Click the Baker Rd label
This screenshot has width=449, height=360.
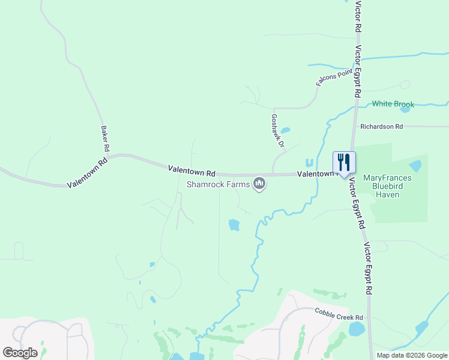pos(105,139)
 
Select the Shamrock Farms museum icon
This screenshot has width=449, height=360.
pos(259,184)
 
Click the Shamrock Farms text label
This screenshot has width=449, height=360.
pos(217,184)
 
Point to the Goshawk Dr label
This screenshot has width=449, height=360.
pos(276,131)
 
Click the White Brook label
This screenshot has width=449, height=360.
pos(393,104)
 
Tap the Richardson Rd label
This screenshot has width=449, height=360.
pos(381,127)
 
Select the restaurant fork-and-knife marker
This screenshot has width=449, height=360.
pos(344,162)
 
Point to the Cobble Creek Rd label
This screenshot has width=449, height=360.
pos(339,314)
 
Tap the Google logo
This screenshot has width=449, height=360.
pos(20,353)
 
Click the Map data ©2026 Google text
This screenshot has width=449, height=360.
pos(412,355)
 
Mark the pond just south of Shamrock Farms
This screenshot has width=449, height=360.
pos(234,225)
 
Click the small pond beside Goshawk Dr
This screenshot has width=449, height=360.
pos(286,130)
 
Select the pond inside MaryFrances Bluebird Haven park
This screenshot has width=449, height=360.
pos(415,166)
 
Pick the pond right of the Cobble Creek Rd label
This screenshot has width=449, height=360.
pos(357,329)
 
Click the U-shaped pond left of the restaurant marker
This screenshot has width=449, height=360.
pos(310,163)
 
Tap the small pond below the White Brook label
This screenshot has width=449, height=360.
pos(405,110)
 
